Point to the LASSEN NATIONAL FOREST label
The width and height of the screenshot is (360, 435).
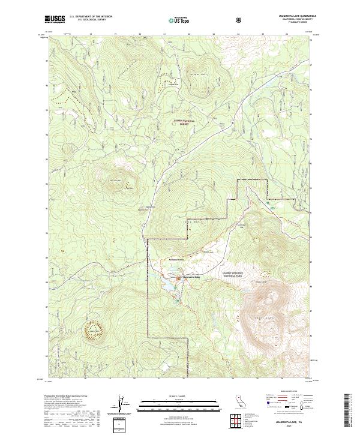click(x=185, y=122)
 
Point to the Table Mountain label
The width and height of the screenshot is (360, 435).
click(x=184, y=221)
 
